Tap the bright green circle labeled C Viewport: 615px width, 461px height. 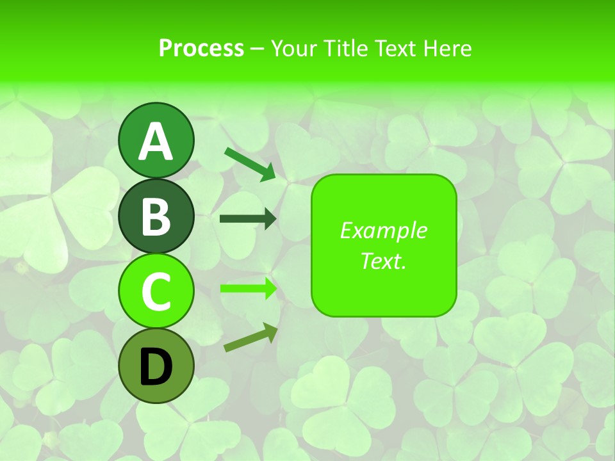[x=156, y=291]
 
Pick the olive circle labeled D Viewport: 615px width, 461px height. [x=156, y=366]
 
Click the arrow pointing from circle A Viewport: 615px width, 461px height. [x=250, y=164]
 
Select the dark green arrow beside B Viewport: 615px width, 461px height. [x=248, y=219]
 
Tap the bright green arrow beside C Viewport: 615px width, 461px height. [x=248, y=288]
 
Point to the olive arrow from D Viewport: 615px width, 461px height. [x=250, y=337]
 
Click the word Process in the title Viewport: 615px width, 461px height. [x=201, y=49]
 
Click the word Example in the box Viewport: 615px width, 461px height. [x=383, y=231]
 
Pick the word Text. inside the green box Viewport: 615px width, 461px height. [x=383, y=261]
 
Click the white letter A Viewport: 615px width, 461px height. [x=156, y=142]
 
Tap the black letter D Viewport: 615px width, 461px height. [x=156, y=367]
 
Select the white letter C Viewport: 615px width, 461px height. [x=156, y=292]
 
